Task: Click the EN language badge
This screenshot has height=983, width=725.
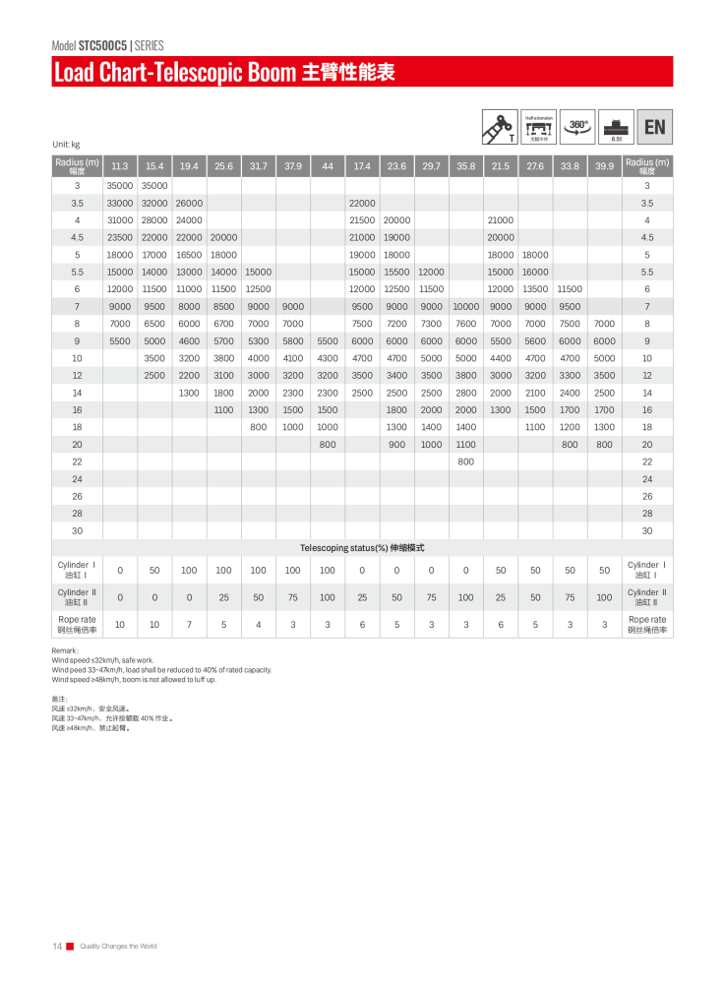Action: (x=654, y=127)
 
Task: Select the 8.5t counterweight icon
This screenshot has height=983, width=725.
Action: (x=617, y=127)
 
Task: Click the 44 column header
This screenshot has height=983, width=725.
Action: (x=328, y=166)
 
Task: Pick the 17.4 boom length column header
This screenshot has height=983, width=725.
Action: (x=362, y=166)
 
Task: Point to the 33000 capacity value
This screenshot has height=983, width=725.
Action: (x=120, y=203)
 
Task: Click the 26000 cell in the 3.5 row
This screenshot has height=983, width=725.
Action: (x=189, y=203)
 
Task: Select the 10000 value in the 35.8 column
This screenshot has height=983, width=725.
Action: (x=465, y=306)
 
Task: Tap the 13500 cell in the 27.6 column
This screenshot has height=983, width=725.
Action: (x=535, y=289)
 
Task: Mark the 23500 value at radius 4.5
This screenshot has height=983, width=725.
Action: (x=120, y=237)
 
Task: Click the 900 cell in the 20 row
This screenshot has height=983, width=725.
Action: (x=396, y=444)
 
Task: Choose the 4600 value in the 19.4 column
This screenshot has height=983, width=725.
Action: (x=189, y=340)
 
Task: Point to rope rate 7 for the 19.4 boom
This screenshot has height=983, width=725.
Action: (x=189, y=624)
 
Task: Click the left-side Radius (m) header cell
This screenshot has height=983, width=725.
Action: (x=77, y=165)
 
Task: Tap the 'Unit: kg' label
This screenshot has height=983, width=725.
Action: (x=66, y=145)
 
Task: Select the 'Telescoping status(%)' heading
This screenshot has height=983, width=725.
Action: (x=344, y=547)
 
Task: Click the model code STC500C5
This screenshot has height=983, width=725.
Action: (x=103, y=45)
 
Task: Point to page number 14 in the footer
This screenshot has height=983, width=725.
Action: (x=57, y=946)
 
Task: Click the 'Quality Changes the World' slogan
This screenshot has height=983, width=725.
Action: (x=118, y=946)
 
